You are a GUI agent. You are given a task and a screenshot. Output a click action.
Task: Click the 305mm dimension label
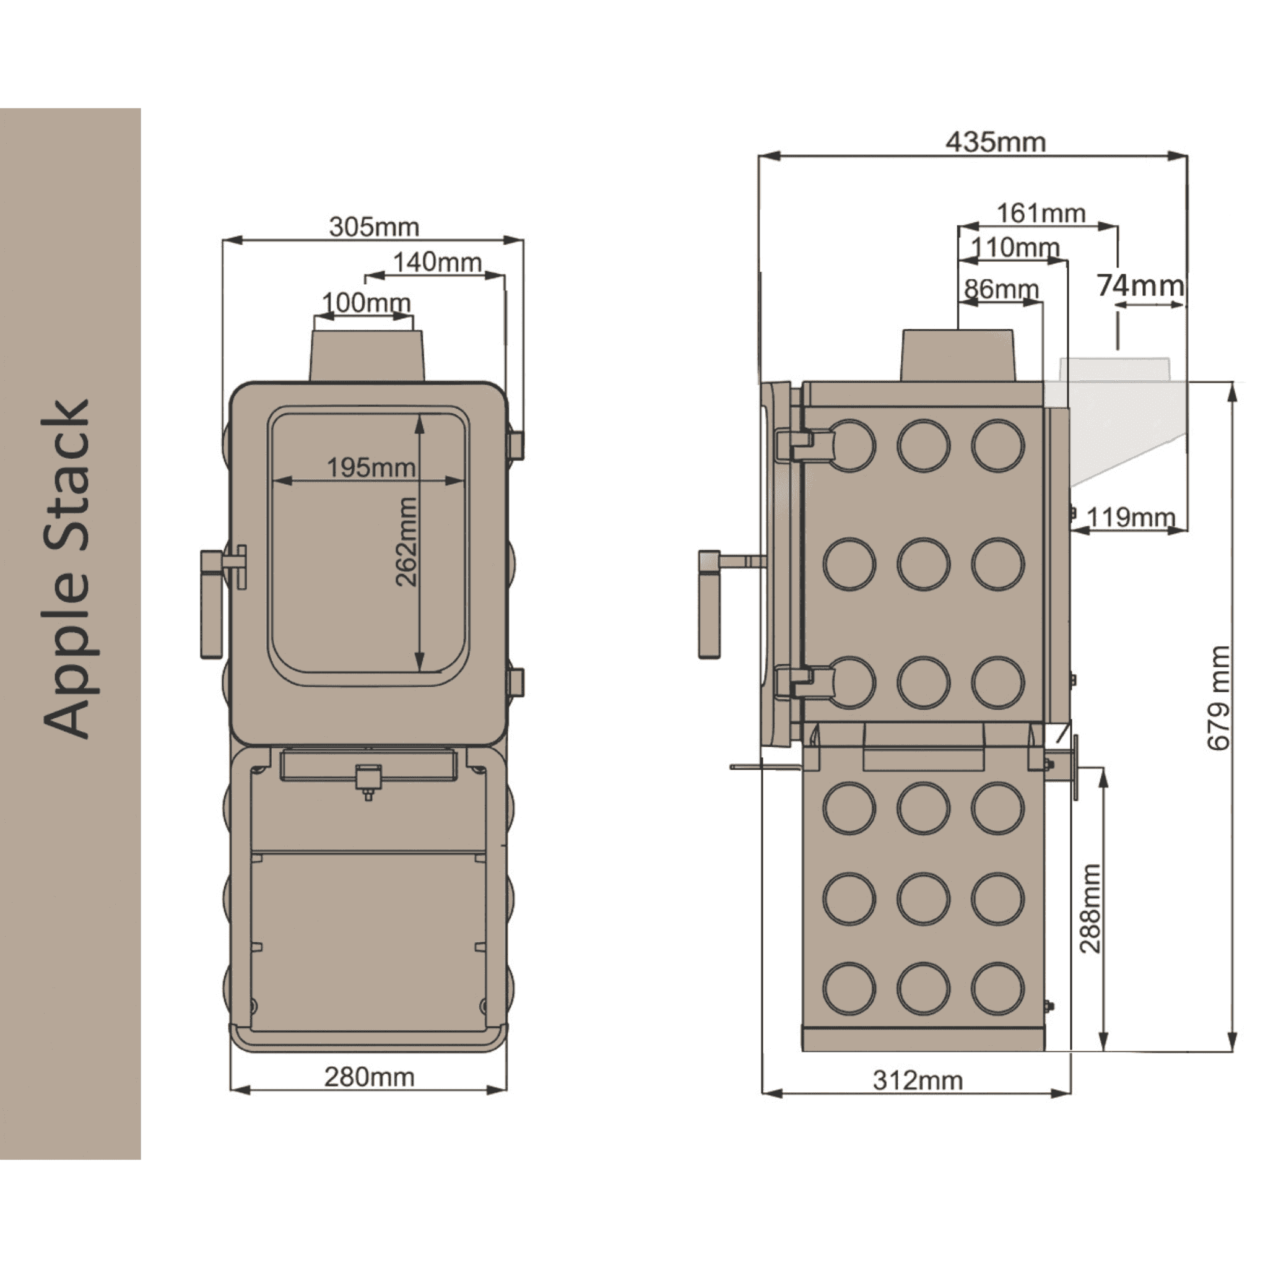point(374,227)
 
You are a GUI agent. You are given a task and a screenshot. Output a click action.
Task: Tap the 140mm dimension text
point(437,263)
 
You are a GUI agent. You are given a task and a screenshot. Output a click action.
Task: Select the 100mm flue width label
point(367,303)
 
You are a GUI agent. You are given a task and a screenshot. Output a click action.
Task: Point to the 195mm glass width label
point(371,467)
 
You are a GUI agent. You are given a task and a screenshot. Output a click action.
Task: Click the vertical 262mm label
point(407,542)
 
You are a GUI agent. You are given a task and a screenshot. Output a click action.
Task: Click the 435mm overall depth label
point(996,142)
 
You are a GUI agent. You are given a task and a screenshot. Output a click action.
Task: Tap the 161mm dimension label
point(1041,214)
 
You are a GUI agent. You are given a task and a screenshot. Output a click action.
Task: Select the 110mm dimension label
point(1015,248)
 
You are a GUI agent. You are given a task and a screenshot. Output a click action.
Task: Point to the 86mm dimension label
point(1002,289)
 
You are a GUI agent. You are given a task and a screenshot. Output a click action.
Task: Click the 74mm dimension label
point(1140,285)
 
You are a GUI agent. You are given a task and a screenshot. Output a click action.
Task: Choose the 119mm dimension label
point(1131,517)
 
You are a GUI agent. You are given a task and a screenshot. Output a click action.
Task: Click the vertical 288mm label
point(1090,908)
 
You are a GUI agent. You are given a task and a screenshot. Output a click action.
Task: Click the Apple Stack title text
point(67,568)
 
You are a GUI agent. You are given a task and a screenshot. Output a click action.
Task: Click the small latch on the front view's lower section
point(368,780)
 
